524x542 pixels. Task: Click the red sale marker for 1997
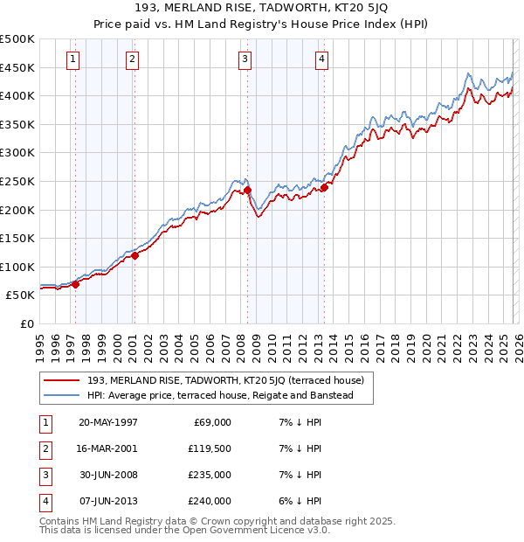click(76, 284)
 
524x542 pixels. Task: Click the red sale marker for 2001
click(134, 255)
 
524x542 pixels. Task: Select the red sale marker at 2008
click(247, 190)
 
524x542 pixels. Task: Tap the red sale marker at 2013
click(324, 186)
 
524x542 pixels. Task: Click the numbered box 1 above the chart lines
click(72, 59)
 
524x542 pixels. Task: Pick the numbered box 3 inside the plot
click(244, 59)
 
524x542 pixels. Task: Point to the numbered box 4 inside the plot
click(321, 59)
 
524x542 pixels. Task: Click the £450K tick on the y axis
click(17, 67)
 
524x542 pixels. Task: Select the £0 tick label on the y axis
click(26, 323)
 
